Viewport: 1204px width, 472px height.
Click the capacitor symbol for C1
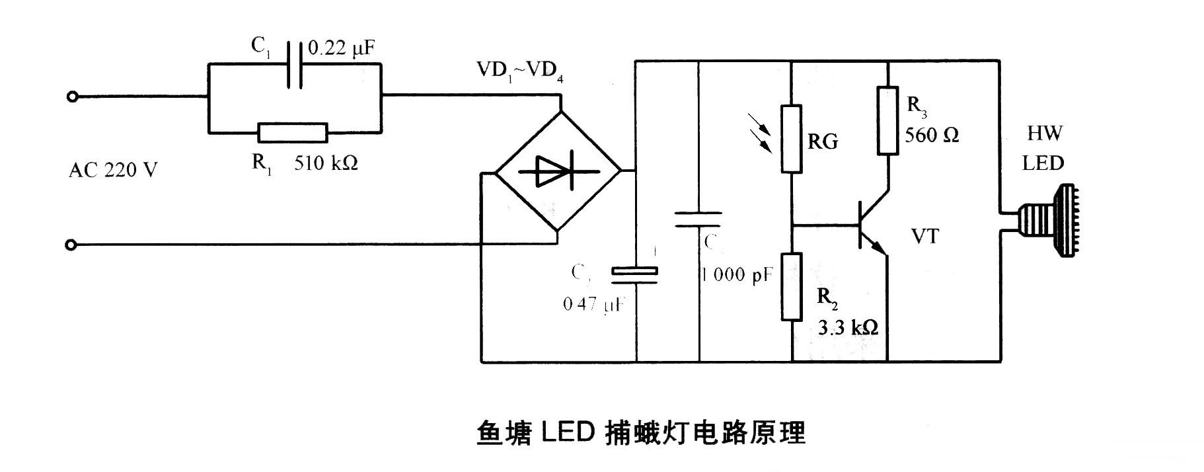[x=295, y=64]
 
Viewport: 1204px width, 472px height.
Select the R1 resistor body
[x=292, y=133]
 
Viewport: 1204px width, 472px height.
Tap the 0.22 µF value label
[x=342, y=48]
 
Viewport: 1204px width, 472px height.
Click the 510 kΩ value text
[x=326, y=163]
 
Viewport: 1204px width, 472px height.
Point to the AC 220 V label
[x=113, y=171]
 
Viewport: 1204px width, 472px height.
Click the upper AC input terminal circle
[x=72, y=97]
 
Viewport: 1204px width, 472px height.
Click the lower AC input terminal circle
[x=72, y=245]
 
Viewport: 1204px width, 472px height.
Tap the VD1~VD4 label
[x=519, y=69]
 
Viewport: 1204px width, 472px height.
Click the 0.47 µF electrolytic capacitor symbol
[x=634, y=275]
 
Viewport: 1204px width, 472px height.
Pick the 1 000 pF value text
[x=737, y=275]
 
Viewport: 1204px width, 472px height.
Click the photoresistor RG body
[x=792, y=139]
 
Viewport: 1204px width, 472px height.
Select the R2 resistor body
[x=792, y=286]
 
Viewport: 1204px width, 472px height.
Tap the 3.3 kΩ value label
[x=848, y=327]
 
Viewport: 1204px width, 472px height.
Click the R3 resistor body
[x=887, y=120]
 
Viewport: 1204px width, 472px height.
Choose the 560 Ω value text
[x=931, y=136]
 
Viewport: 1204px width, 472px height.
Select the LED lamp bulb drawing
[x=1051, y=221]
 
